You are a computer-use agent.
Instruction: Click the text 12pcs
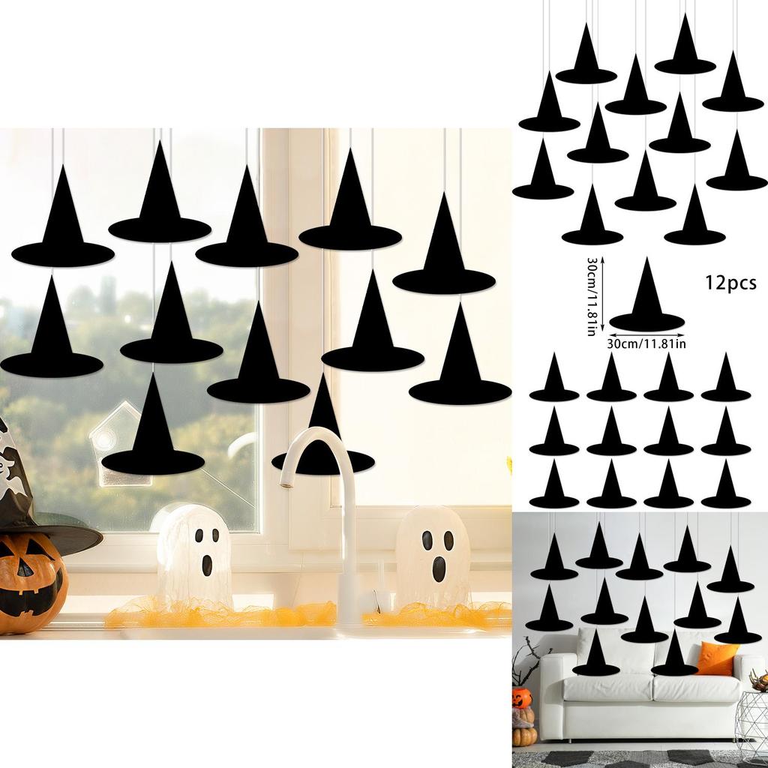coord(730,283)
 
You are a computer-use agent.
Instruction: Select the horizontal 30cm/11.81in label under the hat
coord(646,344)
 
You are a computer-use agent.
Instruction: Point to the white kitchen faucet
coord(337,510)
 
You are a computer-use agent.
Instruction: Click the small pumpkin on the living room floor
coord(524,735)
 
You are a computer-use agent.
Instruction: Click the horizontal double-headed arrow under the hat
coord(646,334)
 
